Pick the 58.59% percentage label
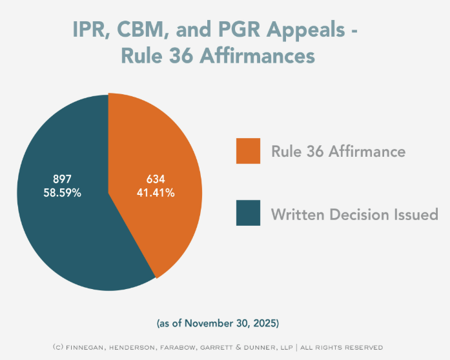click(x=62, y=192)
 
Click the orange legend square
click(x=248, y=151)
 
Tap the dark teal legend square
click(x=248, y=213)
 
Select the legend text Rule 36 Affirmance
click(x=338, y=152)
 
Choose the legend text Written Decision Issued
click(x=354, y=214)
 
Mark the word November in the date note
click(x=214, y=321)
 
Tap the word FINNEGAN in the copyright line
click(x=90, y=346)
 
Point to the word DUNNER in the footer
click(x=258, y=346)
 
